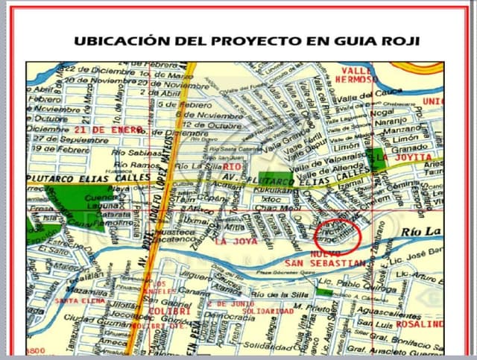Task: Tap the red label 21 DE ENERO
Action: pos(112,130)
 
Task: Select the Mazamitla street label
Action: pos(81,291)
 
